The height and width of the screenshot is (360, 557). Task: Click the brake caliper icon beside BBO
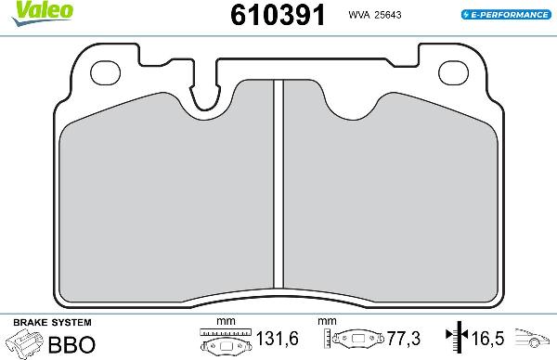(24, 343)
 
